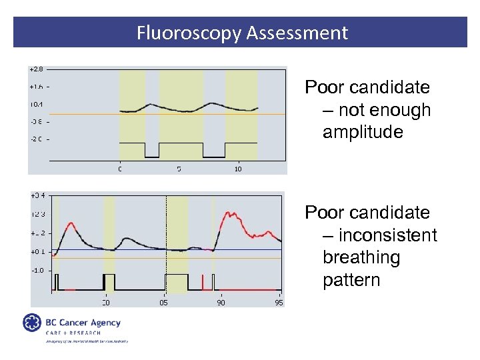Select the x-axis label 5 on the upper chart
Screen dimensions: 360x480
pos(179,169)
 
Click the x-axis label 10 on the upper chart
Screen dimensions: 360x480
pos(238,169)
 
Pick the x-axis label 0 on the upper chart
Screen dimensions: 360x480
pos(120,169)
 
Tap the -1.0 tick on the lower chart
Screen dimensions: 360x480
pos(37,270)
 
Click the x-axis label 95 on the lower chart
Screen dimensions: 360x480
pos(279,303)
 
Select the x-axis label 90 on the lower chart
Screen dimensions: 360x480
pos(221,303)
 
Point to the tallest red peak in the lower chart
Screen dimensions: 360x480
pos(230,213)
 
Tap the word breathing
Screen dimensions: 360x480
pos(361,257)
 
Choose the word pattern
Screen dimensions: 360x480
pos(351,280)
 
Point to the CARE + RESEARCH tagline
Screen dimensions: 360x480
pos(73,333)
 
